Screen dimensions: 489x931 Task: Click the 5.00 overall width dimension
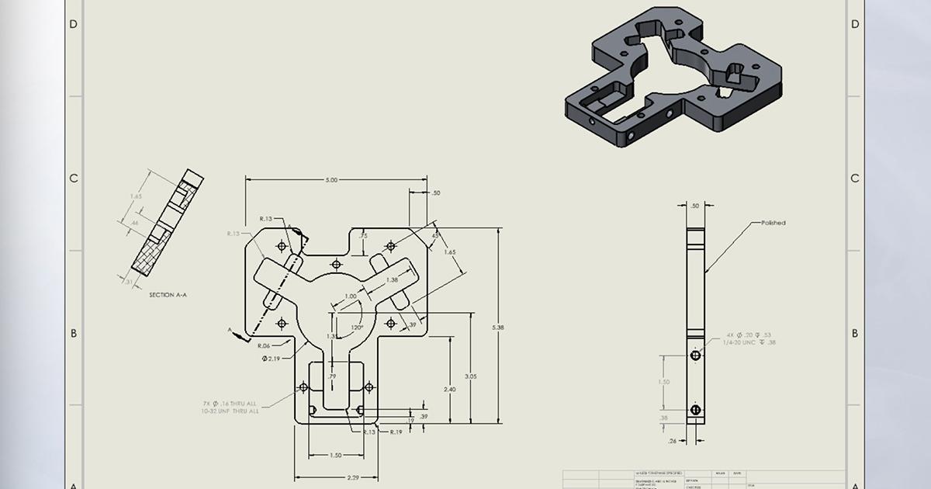click(331, 180)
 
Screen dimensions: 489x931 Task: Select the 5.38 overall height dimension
click(498, 328)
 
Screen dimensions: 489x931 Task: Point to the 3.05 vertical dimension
click(471, 375)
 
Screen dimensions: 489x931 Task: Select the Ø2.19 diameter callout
click(272, 359)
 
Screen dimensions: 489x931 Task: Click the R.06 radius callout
click(263, 345)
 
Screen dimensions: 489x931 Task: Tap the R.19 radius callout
click(396, 432)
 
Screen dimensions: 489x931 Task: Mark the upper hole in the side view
click(695, 355)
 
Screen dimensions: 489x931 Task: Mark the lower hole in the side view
click(695, 409)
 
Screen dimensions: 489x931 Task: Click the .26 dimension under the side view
click(673, 442)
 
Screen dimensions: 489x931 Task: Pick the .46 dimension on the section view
click(134, 223)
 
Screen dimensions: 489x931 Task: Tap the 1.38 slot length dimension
click(392, 279)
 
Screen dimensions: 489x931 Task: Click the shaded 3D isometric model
click(671, 81)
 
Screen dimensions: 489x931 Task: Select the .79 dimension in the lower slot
click(332, 376)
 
